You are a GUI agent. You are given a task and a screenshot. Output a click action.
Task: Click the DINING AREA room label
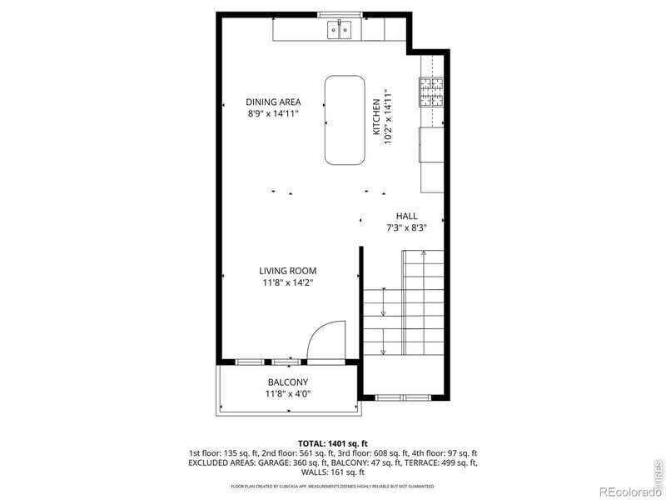[272, 102]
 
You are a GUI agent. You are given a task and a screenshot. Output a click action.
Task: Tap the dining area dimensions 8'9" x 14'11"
[272, 113]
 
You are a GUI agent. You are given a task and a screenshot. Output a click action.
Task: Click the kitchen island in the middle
[345, 120]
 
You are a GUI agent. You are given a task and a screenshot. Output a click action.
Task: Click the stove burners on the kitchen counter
[431, 92]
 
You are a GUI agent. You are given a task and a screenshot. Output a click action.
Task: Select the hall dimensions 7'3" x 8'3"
[407, 227]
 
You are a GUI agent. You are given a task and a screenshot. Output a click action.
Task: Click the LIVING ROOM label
[287, 271]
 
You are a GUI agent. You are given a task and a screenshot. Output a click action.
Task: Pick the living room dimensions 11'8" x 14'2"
[287, 282]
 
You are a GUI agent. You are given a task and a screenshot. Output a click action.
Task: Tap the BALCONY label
[288, 382]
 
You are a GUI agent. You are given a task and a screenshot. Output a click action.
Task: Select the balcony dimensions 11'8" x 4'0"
[288, 394]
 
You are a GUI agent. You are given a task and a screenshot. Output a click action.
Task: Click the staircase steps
[404, 312]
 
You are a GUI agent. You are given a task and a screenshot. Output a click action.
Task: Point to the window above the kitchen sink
[340, 14]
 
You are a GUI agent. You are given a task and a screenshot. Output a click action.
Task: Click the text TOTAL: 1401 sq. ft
[333, 443]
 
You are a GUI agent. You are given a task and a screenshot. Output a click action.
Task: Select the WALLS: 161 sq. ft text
[333, 471]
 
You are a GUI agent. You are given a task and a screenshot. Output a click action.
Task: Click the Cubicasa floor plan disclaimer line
[333, 486]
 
